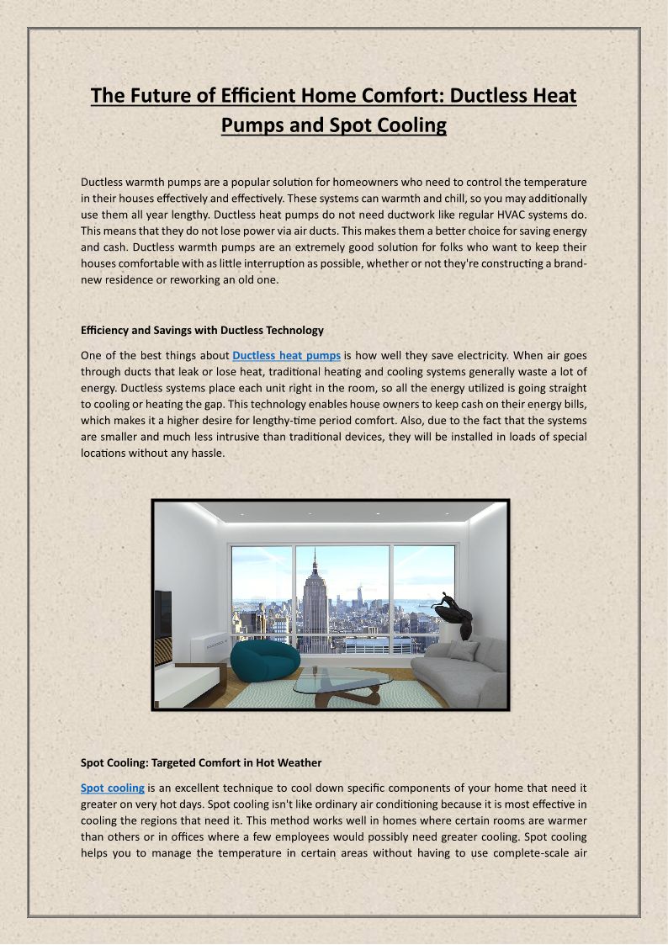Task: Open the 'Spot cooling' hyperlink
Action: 113,788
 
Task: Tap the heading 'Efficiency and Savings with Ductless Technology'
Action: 202,330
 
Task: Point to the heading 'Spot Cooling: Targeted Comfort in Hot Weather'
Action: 201,763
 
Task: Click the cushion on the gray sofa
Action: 464,650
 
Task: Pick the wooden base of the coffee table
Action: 345,693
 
